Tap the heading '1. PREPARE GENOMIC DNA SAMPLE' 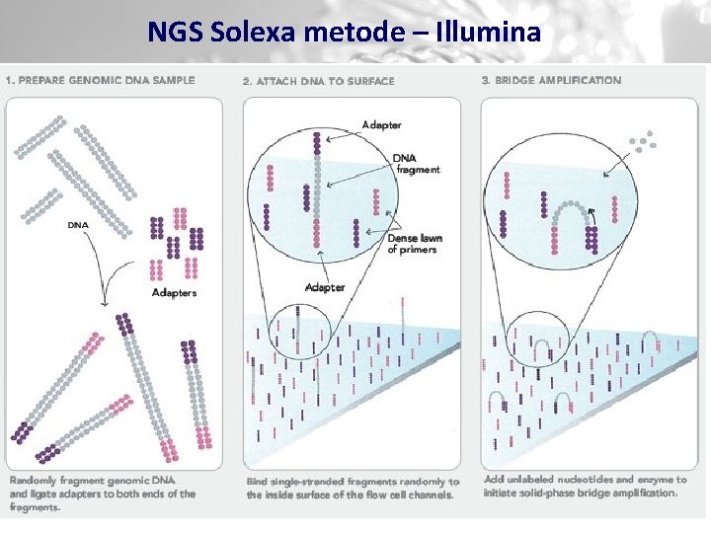[x=100, y=80]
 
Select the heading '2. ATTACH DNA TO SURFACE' [x=318, y=81]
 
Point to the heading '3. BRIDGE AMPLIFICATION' [x=551, y=80]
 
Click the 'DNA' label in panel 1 [x=78, y=224]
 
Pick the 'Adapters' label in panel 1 [x=174, y=292]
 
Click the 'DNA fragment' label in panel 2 [x=415, y=164]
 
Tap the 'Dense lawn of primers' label [x=414, y=243]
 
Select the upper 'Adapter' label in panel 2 [x=381, y=125]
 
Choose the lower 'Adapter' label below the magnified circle [x=325, y=287]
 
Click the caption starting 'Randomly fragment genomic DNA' [x=103, y=493]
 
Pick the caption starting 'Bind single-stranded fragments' [x=352, y=488]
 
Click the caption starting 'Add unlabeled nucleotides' [x=585, y=486]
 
